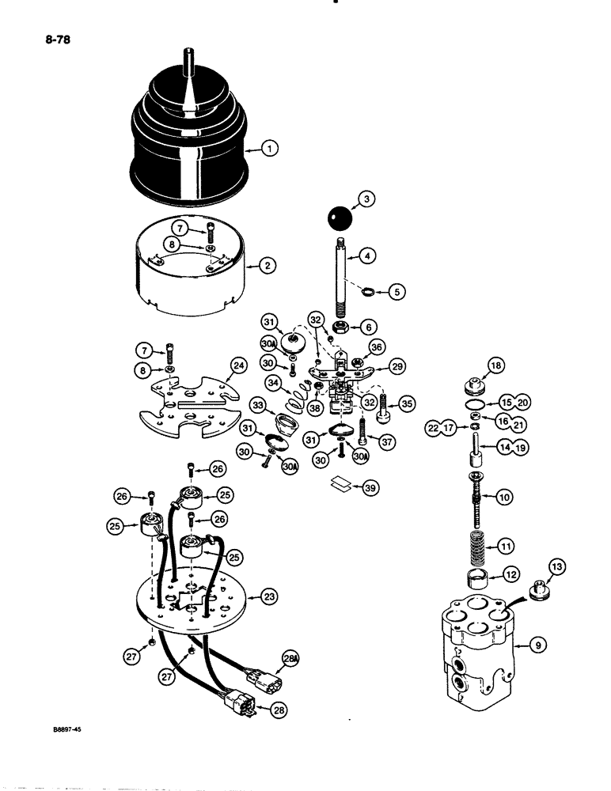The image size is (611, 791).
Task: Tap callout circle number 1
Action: (x=270, y=147)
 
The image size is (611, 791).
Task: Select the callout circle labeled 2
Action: (x=268, y=267)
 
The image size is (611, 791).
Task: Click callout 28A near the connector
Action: (x=290, y=657)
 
